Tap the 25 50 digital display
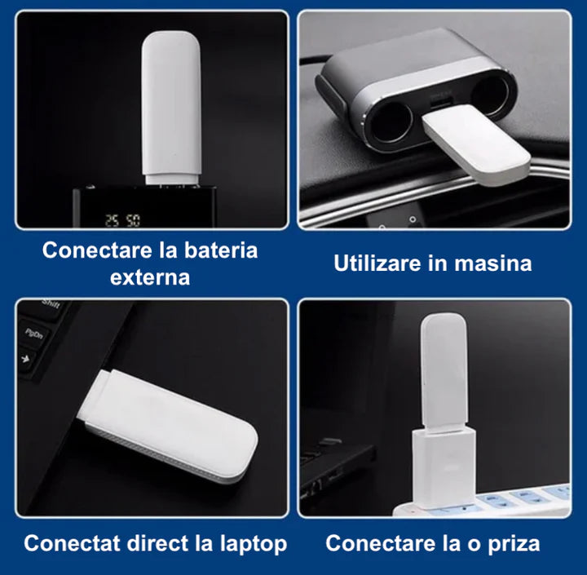(x=121, y=220)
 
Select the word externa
(x=150, y=277)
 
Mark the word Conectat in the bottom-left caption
(x=71, y=543)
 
